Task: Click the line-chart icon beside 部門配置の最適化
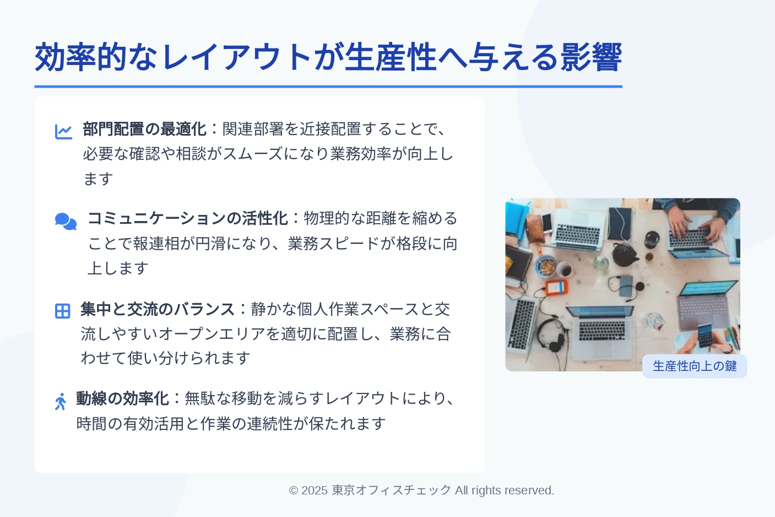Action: click(64, 132)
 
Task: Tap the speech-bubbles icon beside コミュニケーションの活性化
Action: click(66, 222)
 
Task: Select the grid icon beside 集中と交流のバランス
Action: click(63, 311)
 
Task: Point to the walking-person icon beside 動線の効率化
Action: click(61, 401)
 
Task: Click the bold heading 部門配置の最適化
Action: click(145, 129)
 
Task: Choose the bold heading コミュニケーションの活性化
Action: click(188, 218)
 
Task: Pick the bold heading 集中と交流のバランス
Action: click(158, 309)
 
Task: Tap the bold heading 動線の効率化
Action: click(122, 398)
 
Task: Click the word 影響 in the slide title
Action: click(591, 57)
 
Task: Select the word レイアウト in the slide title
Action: click(237, 57)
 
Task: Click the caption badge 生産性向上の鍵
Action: click(695, 366)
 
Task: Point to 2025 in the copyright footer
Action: click(315, 491)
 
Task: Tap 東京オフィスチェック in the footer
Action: click(392, 491)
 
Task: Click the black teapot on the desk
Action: click(625, 255)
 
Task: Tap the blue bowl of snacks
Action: click(546, 266)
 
